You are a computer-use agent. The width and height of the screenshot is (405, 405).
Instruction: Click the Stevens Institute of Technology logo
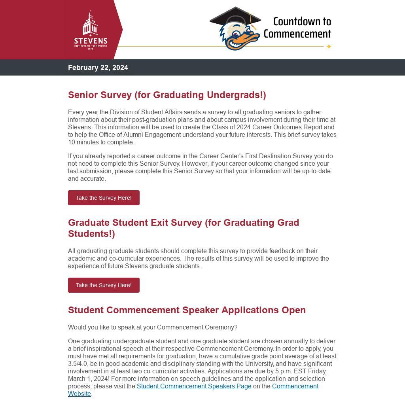[91, 30]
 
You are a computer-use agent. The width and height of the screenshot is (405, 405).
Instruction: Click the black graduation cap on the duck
[235, 17]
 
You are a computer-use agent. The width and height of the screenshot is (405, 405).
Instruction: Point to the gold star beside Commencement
[328, 47]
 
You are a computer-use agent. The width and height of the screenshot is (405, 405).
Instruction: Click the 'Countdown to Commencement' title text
[298, 27]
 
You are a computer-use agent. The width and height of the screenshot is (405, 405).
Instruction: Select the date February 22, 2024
[98, 68]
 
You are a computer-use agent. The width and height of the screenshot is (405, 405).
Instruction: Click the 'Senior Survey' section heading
[167, 95]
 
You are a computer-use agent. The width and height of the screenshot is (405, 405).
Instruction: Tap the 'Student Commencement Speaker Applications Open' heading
[187, 310]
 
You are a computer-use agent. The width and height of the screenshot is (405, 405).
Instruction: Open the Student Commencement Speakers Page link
[194, 386]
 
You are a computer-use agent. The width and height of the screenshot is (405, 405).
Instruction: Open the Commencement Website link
[295, 386]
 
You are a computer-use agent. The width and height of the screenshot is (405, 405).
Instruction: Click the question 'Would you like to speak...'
[153, 327]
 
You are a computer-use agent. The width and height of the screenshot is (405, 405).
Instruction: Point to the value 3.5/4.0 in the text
[78, 363]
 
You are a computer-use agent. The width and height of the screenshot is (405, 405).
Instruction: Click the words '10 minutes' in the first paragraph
[83, 142]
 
